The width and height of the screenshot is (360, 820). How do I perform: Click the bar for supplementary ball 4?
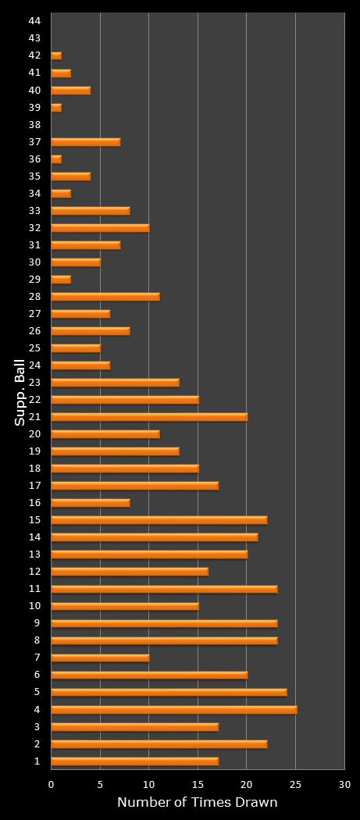(173, 709)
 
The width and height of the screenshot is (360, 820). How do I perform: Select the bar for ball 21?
(149, 416)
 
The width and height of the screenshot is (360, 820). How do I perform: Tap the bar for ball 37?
(85, 141)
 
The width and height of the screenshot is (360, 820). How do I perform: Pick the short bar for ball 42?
(56, 55)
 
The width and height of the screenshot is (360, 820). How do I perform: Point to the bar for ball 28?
(105, 296)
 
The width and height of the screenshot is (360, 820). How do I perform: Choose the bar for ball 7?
(100, 658)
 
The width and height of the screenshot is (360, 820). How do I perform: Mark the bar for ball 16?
(90, 502)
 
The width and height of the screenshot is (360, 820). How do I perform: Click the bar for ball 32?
(100, 227)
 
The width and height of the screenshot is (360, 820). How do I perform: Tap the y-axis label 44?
(34, 21)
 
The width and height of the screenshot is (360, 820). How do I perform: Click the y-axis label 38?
(34, 124)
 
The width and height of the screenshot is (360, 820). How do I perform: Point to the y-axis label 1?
(37, 761)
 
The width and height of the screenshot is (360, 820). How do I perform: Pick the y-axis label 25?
(34, 348)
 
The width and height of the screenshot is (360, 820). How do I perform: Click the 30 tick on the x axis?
(344, 784)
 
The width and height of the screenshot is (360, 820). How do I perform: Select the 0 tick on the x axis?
(52, 784)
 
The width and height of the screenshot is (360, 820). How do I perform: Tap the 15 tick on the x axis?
(198, 784)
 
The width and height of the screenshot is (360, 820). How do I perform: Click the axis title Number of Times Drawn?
(197, 802)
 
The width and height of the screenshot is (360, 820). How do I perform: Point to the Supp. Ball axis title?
(20, 390)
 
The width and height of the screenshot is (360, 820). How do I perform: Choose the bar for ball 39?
(56, 107)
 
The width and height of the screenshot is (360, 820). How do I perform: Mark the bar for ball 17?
(134, 485)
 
